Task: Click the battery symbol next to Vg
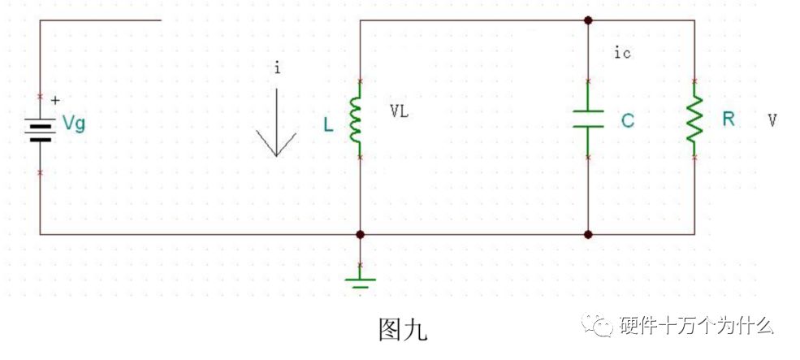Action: click(x=40, y=132)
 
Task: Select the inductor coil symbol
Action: click(x=355, y=119)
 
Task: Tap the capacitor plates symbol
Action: click(x=588, y=119)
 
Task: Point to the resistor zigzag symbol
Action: click(x=694, y=119)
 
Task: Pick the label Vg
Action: click(x=74, y=124)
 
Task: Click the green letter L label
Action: click(x=328, y=125)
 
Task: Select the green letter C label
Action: click(x=628, y=120)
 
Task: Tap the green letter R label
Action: click(x=729, y=119)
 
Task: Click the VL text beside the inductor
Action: click(x=400, y=112)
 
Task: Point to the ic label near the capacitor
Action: click(x=622, y=53)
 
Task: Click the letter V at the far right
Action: click(x=772, y=120)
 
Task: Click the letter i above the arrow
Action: click(x=277, y=68)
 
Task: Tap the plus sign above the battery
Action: click(x=55, y=101)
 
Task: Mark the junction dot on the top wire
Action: click(x=588, y=20)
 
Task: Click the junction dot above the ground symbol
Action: click(x=361, y=234)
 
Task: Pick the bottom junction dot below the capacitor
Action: click(x=588, y=234)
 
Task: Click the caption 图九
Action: click(x=403, y=329)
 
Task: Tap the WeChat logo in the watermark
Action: click(x=597, y=325)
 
